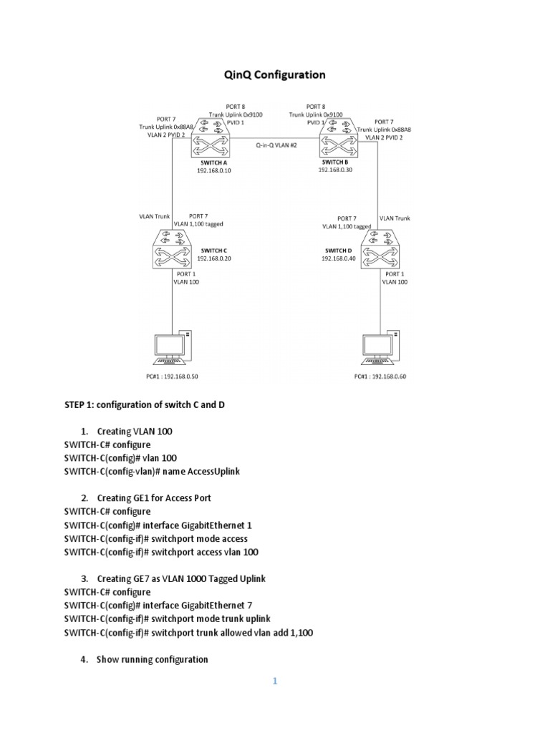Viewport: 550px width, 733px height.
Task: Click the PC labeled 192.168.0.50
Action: (172, 349)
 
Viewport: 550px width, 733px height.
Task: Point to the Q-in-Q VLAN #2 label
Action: (276, 145)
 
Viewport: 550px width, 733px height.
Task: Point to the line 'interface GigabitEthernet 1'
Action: (158, 525)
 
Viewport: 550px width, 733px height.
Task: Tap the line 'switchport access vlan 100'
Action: (161, 552)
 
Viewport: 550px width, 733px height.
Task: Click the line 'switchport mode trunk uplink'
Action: (167, 618)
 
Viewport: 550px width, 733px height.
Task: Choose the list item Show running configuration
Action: (152, 659)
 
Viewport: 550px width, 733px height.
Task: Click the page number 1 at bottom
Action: (274, 681)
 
